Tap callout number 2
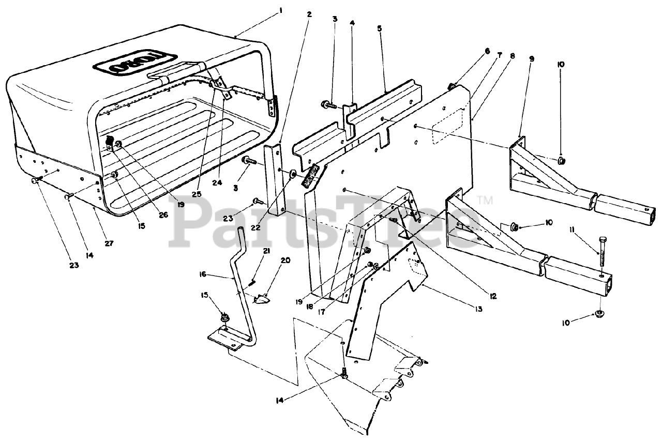(309, 15)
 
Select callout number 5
(380, 29)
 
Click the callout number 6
(487, 51)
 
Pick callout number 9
(532, 59)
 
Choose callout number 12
(493, 296)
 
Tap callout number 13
(478, 309)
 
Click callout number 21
(267, 251)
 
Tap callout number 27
(109, 243)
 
